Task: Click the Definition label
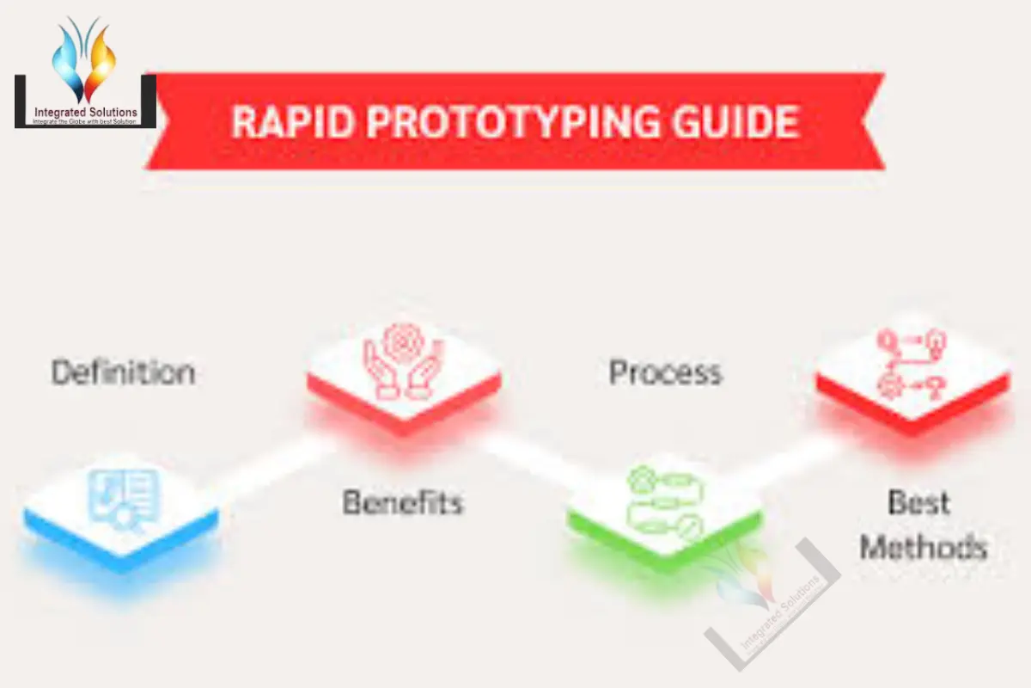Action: point(123,372)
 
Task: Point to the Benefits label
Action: point(403,501)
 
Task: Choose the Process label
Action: point(665,372)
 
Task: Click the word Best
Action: point(919,501)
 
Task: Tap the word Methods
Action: point(924,547)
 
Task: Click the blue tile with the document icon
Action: point(121,507)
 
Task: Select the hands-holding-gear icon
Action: point(403,361)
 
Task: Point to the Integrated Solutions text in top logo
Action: point(85,112)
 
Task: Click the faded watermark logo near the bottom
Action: point(769,602)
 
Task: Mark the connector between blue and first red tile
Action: point(266,464)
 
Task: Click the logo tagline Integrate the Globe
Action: point(85,122)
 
